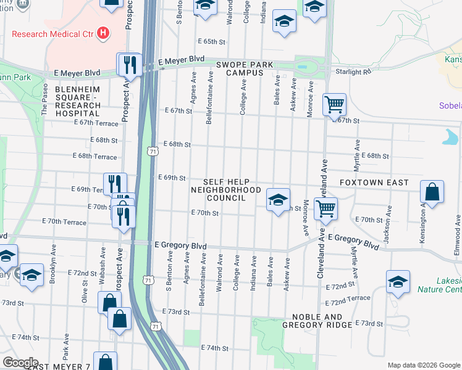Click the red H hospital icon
point(103,33)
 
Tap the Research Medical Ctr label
point(52,33)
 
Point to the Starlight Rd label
point(353,72)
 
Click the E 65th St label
point(212,41)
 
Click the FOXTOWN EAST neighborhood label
point(374,183)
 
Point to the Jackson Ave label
point(386,227)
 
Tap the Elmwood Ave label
point(457,231)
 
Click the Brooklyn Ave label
point(53,267)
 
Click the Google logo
point(20,363)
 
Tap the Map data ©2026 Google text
point(423,365)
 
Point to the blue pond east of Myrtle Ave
point(450,136)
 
